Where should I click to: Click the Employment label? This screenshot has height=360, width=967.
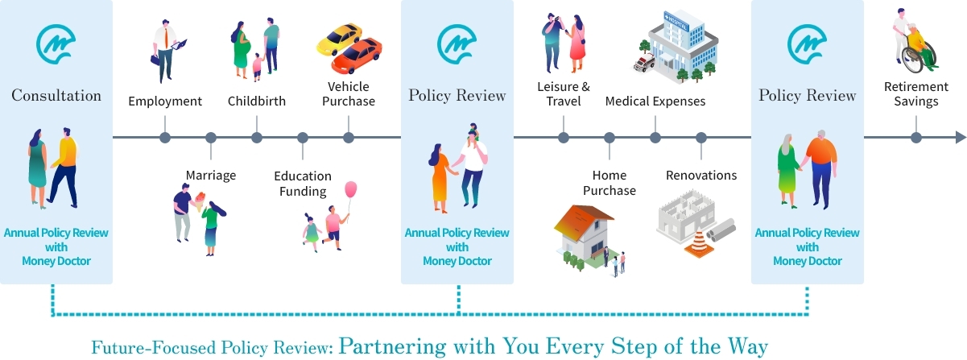(165, 101)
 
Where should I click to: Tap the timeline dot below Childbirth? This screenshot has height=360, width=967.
(257, 138)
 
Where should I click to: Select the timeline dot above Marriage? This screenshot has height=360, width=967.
(211, 138)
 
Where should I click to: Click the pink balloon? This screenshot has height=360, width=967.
(351, 190)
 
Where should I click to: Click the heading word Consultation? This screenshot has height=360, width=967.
(56, 96)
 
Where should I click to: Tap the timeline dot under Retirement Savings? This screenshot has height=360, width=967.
(915, 138)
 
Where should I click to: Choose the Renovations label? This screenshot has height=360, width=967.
(701, 175)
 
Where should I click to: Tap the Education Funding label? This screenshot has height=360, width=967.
(303, 184)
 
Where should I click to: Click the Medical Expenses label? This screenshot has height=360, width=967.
(655, 101)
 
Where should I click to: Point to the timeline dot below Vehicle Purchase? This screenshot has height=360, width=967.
(349, 138)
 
